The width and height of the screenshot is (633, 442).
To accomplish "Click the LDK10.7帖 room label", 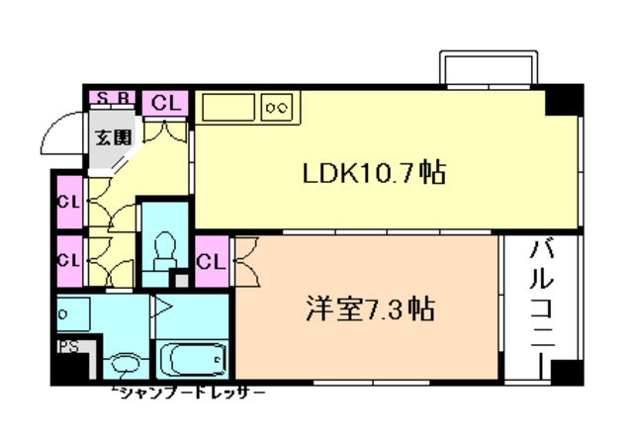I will (373, 174).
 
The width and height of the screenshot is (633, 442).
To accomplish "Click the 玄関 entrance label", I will (112, 138).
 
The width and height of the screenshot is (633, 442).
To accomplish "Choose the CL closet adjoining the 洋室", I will (210, 261).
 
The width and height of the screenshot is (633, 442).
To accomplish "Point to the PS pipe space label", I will (67, 347).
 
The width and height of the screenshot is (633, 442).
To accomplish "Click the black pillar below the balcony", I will (563, 372).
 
